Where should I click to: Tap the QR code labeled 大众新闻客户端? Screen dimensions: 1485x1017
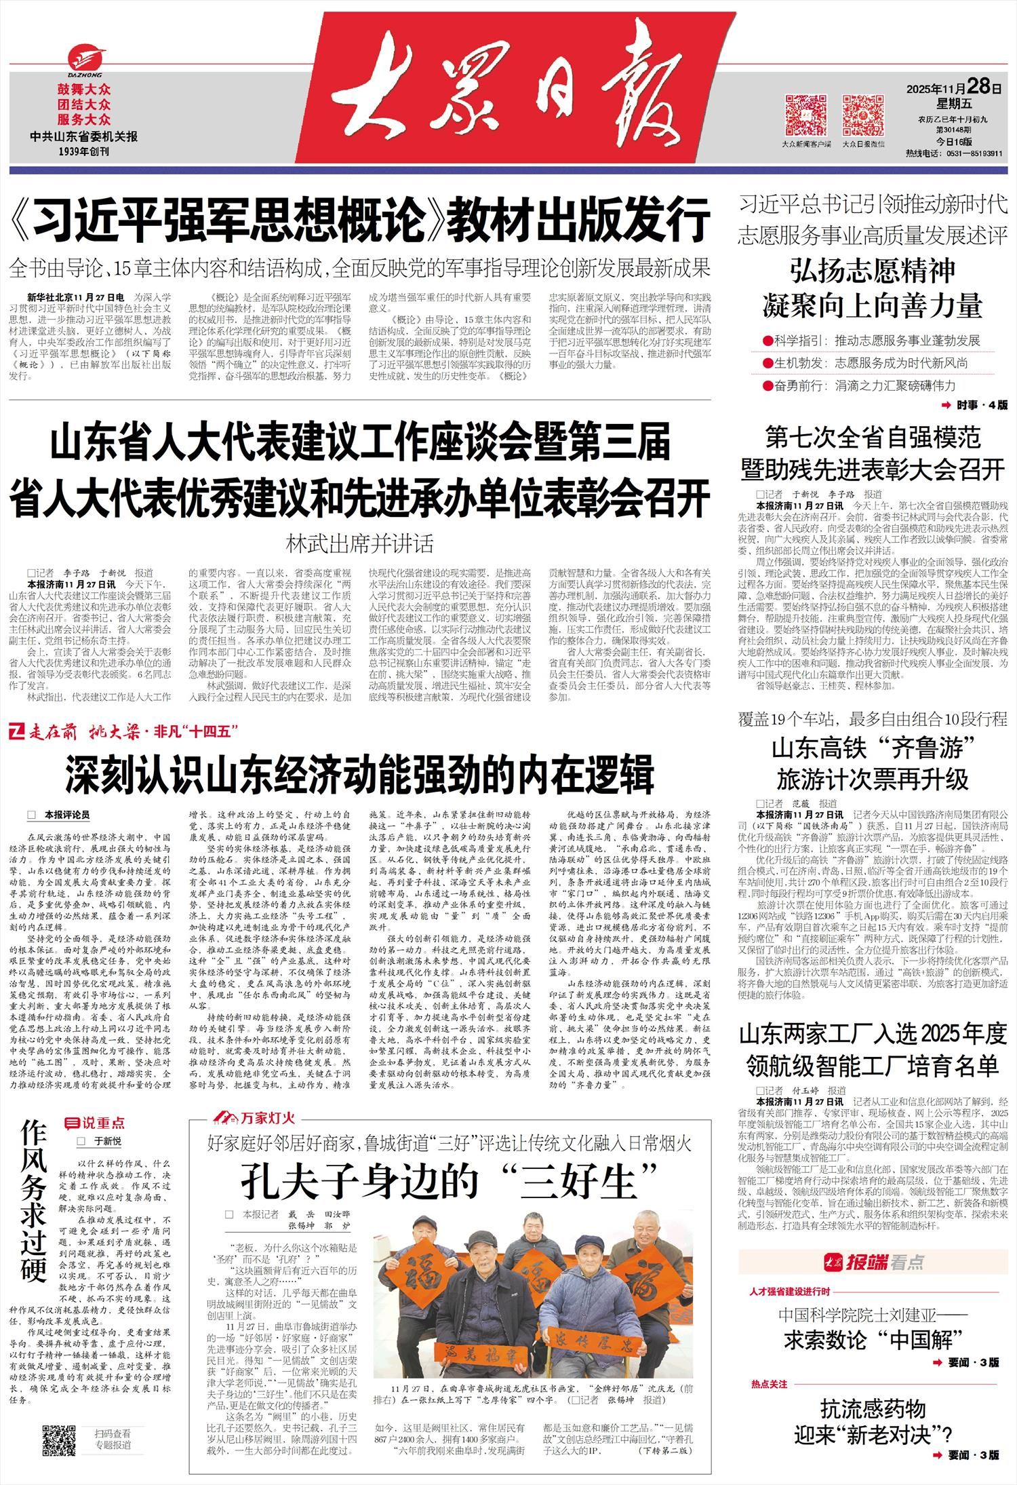click(x=805, y=115)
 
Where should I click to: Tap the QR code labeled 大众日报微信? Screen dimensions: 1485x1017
click(x=863, y=115)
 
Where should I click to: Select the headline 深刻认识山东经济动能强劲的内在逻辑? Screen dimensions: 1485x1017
click(x=360, y=775)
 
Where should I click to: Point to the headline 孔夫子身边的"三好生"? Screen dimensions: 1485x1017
click(x=450, y=1181)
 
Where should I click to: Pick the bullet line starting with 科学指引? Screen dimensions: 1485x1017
click(x=871, y=340)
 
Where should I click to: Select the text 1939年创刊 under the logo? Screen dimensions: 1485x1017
click(x=84, y=151)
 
